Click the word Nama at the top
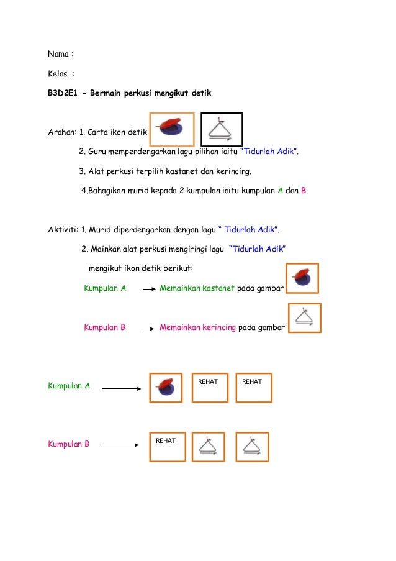pyautogui.click(x=58, y=54)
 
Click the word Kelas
pyautogui.click(x=58, y=73)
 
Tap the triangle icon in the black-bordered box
pyautogui.click(x=222, y=130)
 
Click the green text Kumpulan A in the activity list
pyautogui.click(x=105, y=289)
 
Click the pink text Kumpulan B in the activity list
pyautogui.click(x=105, y=327)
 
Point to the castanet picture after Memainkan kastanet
pyautogui.click(x=302, y=278)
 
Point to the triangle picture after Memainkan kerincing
pyautogui.click(x=305, y=318)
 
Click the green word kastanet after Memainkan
pyautogui.click(x=217, y=289)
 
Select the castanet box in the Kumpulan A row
pyautogui.click(x=166, y=388)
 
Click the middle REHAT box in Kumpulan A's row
pyautogui.click(x=210, y=388)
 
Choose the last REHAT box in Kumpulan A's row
pyautogui.click(x=253, y=388)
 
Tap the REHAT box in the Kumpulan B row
pyautogui.click(x=167, y=447)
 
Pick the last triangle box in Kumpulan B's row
pyautogui.click(x=252, y=447)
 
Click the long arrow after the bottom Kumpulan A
pyautogui.click(x=122, y=389)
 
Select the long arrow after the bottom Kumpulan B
pyautogui.click(x=119, y=445)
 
